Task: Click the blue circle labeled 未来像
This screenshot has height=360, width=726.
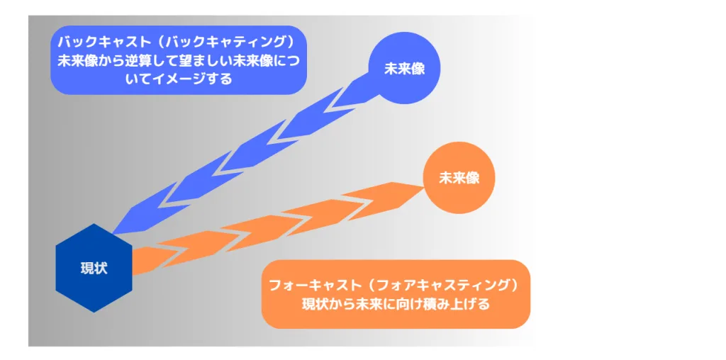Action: pos(403,68)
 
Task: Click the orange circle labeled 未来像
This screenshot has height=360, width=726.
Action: pos(459,178)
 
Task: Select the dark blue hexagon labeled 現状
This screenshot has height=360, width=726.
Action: pos(94,269)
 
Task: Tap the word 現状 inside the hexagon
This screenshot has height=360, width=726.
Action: pos(94,269)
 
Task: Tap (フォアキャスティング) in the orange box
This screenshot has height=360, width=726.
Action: pos(442,285)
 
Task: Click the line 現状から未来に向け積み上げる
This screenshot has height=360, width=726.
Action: pos(396,305)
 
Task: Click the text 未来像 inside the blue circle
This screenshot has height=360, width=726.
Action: pos(403,69)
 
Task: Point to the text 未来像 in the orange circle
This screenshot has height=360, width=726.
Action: pos(459,178)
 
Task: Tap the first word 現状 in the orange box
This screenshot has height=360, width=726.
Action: pos(315,305)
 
